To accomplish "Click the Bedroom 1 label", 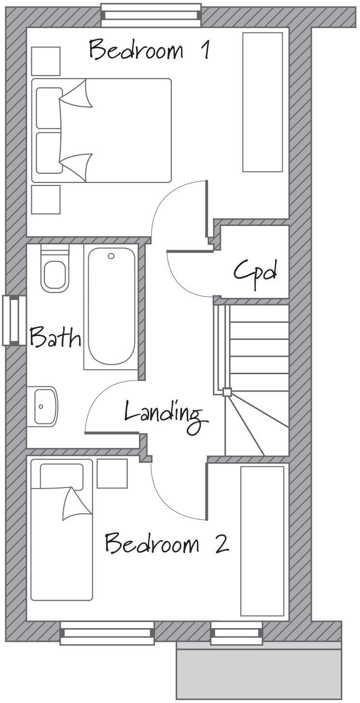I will (x=149, y=50).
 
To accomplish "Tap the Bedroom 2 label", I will (x=166, y=544).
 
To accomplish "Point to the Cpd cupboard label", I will (x=256, y=273).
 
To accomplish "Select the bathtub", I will (x=111, y=307).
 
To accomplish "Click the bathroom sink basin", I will (x=43, y=407).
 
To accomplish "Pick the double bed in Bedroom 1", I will (x=101, y=130).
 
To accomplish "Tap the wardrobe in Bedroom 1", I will (x=263, y=102).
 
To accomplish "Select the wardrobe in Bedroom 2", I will (x=262, y=541).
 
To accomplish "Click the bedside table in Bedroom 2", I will (x=112, y=474).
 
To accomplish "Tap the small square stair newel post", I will (x=227, y=392).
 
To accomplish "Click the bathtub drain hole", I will (x=111, y=256).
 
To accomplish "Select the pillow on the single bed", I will (x=61, y=476).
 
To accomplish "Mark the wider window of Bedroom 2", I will (x=107, y=633).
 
